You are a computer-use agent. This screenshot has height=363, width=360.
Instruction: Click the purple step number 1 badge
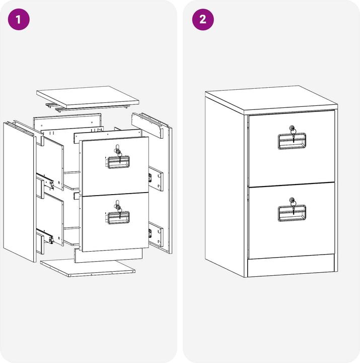(19, 20)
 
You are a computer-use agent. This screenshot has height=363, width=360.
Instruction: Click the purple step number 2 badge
(203, 20)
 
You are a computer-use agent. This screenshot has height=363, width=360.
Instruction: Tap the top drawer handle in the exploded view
(118, 162)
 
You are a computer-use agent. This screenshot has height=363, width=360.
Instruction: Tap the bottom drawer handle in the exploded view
(118, 218)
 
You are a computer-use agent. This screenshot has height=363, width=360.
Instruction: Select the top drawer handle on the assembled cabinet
(292, 141)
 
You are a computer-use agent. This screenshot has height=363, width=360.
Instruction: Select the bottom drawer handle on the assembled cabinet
(292, 213)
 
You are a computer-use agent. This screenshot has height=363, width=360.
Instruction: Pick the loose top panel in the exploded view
(88, 97)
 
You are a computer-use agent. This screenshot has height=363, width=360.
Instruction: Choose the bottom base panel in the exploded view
(88, 268)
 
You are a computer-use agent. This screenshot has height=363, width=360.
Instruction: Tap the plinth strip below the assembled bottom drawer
(291, 266)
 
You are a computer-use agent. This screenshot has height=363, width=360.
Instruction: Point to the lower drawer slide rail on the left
(45, 235)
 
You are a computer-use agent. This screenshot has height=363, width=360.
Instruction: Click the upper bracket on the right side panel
(156, 178)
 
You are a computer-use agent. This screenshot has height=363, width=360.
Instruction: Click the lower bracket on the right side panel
(156, 234)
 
